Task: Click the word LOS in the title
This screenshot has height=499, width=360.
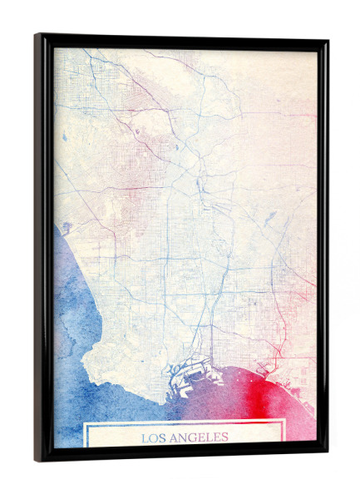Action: [x=151, y=437]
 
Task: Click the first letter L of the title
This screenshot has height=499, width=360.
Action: [x=144, y=437]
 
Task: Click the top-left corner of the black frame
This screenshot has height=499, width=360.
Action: [x=37, y=35]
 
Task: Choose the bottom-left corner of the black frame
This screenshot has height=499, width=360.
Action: [x=37, y=459]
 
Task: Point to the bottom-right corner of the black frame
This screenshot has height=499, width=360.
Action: [x=327, y=456]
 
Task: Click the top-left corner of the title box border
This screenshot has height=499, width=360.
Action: [x=85, y=423]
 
